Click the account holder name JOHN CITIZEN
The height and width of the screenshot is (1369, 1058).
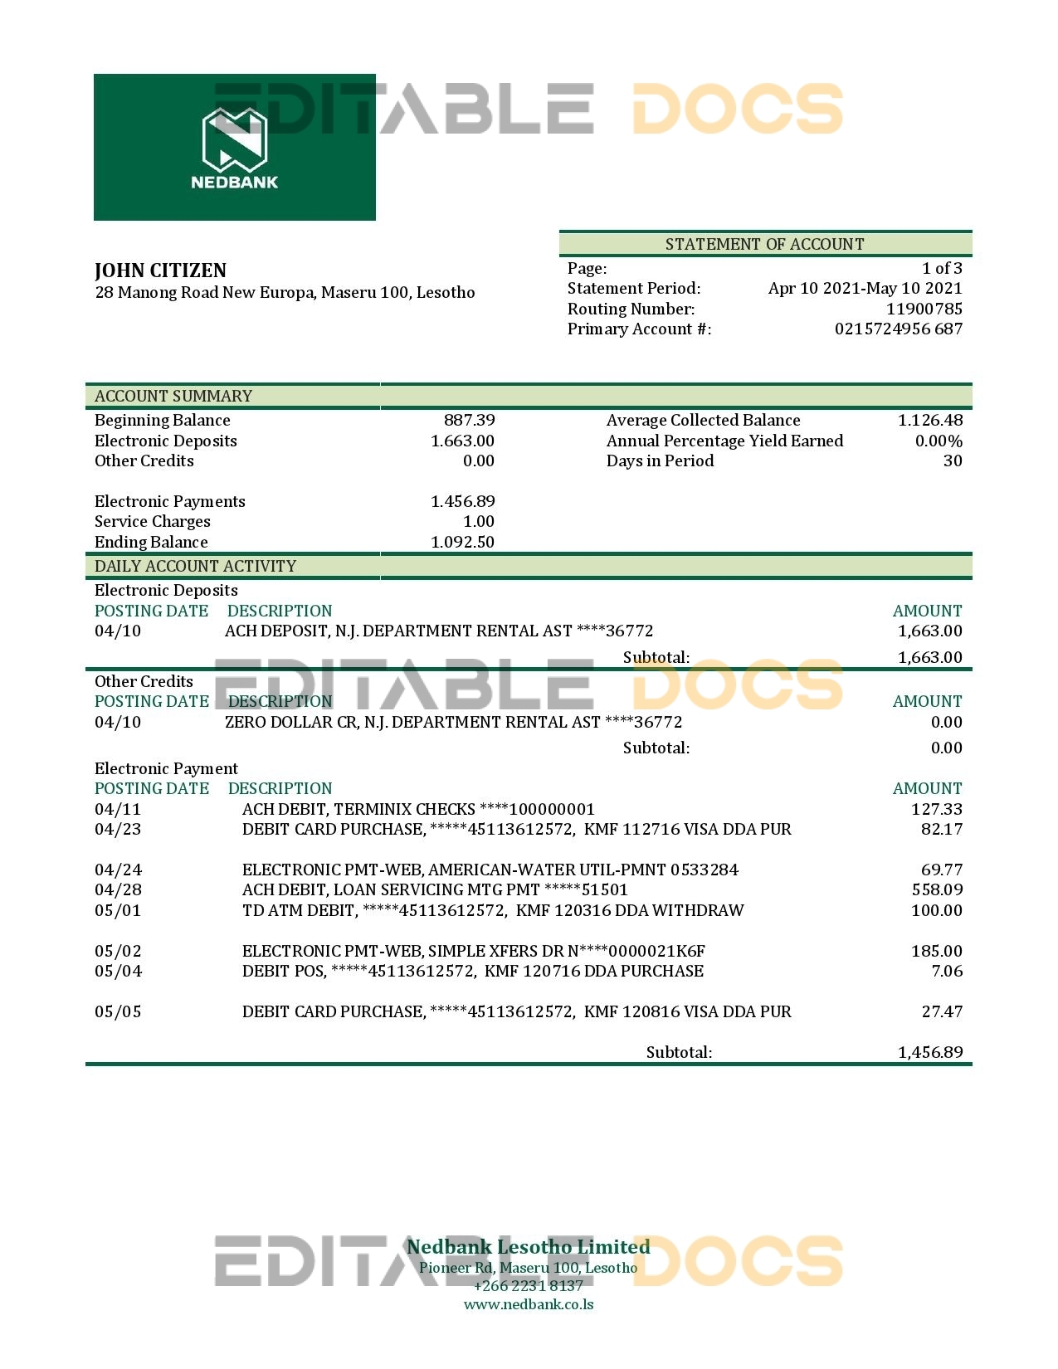160,270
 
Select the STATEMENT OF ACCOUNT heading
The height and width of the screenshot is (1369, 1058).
764,244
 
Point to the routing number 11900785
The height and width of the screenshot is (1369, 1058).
924,309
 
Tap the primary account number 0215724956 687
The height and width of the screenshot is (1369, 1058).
898,329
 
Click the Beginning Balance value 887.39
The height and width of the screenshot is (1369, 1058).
469,420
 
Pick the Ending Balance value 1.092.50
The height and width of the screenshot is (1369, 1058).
462,542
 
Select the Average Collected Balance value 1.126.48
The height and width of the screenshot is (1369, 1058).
929,420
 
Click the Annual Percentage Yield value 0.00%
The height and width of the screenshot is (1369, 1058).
939,441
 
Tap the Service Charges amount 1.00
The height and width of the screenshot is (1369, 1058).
478,521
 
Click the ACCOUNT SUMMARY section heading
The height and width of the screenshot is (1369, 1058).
173,396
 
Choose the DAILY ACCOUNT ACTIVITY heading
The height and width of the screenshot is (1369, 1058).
195,566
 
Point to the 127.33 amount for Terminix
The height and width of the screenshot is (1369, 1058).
937,809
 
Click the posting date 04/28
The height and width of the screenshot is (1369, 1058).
118,889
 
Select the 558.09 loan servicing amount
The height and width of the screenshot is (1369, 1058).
937,889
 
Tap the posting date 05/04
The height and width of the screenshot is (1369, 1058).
118,971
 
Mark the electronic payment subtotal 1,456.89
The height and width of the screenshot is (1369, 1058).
930,1052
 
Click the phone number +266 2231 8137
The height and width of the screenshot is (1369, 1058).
529,1286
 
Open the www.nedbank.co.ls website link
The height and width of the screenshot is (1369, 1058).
529,1304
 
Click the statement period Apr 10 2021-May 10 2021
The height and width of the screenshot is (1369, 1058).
865,288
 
